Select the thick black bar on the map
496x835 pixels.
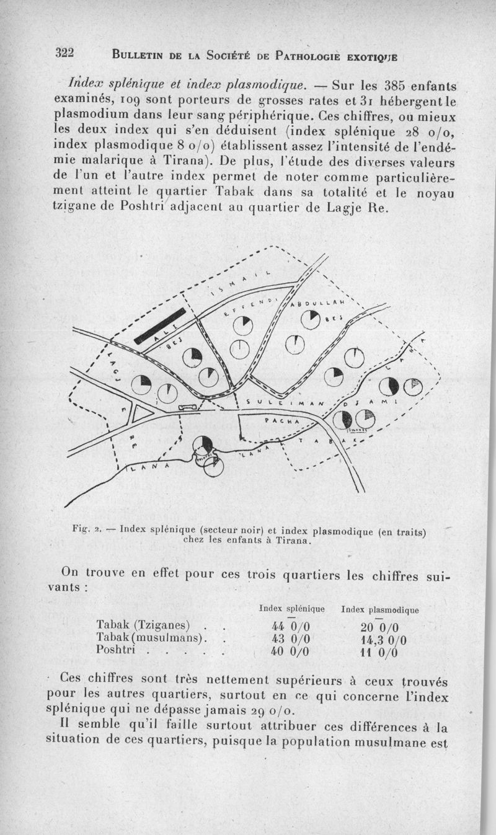tap(161, 325)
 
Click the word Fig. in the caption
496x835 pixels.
tap(81, 530)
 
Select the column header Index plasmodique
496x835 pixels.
tap(379, 610)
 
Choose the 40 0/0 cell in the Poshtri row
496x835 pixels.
tap(290, 651)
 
